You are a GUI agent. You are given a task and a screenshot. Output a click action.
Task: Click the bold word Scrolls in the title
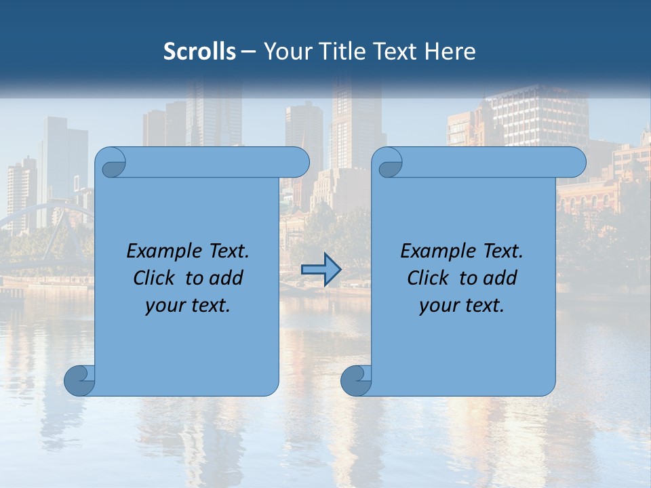tap(200, 52)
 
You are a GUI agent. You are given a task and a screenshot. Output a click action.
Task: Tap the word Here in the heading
tap(450, 52)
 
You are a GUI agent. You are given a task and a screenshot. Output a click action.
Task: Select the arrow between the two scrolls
tap(321, 270)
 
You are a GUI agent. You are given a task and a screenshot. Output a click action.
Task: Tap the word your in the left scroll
tap(165, 305)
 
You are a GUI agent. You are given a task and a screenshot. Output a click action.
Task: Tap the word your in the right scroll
tap(439, 305)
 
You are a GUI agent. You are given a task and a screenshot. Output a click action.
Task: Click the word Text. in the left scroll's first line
tap(225, 251)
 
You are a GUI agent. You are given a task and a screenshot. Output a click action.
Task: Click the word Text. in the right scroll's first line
tap(499, 251)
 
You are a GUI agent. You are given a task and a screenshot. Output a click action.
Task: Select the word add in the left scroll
tap(226, 278)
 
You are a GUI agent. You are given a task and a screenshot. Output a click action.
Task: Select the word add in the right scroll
tap(500, 278)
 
